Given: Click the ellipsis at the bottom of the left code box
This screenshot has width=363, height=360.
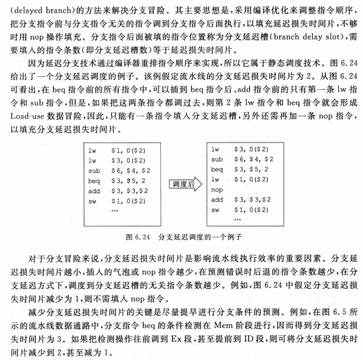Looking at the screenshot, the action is [114, 212].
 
